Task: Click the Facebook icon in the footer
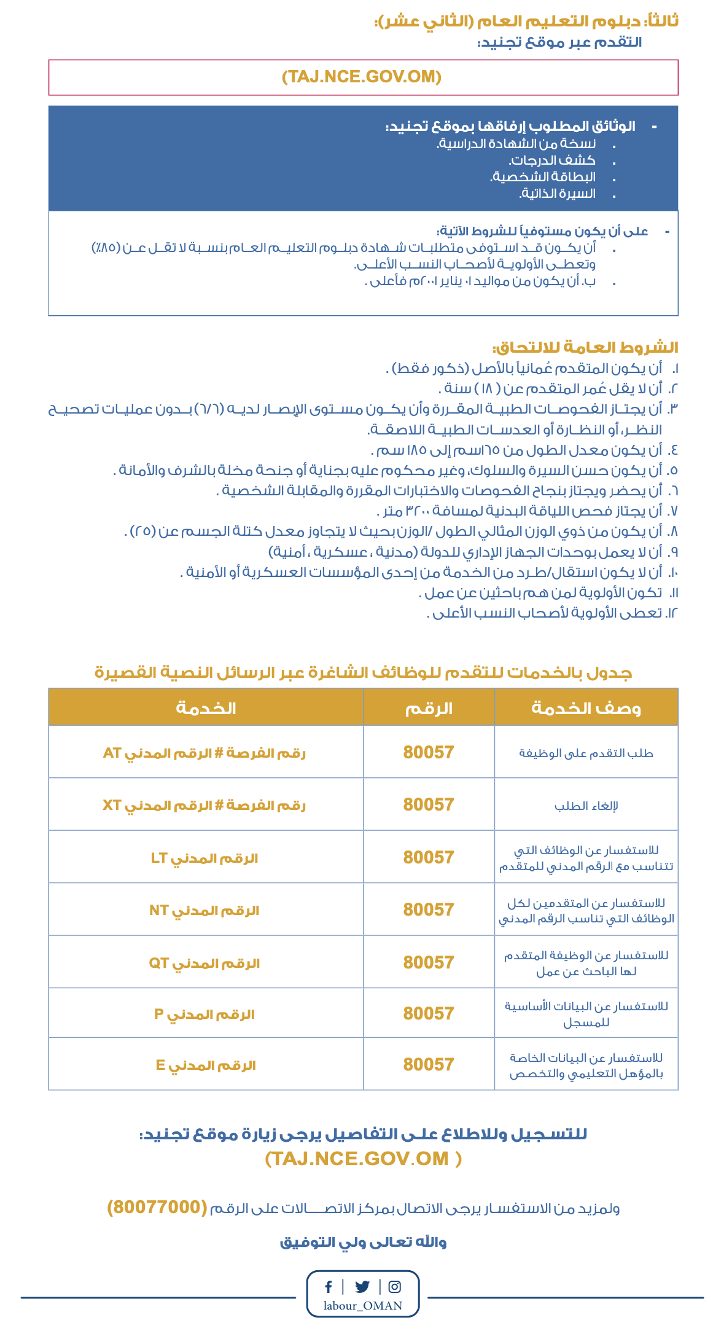tap(329, 1286)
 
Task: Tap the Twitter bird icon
tap(362, 1286)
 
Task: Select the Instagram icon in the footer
tap(395, 1286)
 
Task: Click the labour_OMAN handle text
tap(363, 1306)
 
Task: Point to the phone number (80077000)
tap(157, 1207)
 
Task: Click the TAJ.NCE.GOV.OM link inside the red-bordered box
tap(362, 77)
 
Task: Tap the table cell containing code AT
tap(205, 753)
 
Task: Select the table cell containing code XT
tap(205, 805)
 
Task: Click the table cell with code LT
tap(205, 858)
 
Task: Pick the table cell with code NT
tap(205, 910)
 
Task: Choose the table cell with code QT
tap(205, 963)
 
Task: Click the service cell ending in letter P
tap(205, 1014)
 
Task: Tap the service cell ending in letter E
tap(205, 1065)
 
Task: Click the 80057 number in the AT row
tap(429, 752)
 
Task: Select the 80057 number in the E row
tap(429, 1064)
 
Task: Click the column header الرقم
tap(429, 709)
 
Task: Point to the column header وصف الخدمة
tap(586, 709)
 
